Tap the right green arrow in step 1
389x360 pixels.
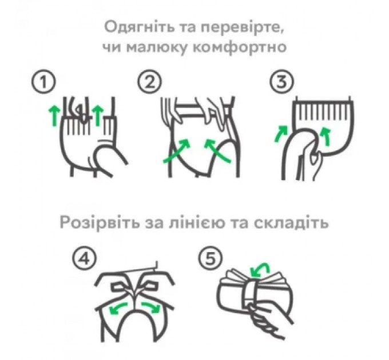point(98,114)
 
